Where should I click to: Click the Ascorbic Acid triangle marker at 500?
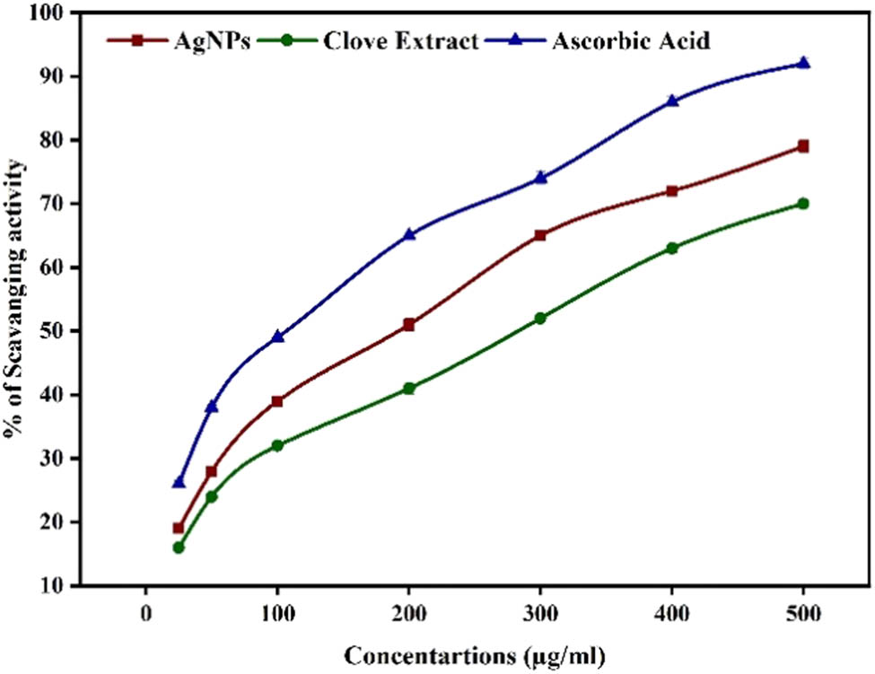pos(803,63)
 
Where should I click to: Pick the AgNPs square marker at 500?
pos(803,146)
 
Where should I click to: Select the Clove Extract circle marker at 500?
pos(803,204)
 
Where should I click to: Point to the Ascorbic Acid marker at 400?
pos(672,101)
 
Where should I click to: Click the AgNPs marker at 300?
pos(540,235)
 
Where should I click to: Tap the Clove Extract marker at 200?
pos(409,389)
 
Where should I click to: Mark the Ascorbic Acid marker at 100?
pos(277,337)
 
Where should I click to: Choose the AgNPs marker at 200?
pos(409,325)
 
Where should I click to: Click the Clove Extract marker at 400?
pos(672,248)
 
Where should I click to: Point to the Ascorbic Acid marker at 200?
pos(409,234)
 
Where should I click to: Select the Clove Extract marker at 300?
pos(540,319)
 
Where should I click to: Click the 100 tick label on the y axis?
pos(53,13)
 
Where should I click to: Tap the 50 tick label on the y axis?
pos(57,331)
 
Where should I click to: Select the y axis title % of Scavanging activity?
pos(17,297)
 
